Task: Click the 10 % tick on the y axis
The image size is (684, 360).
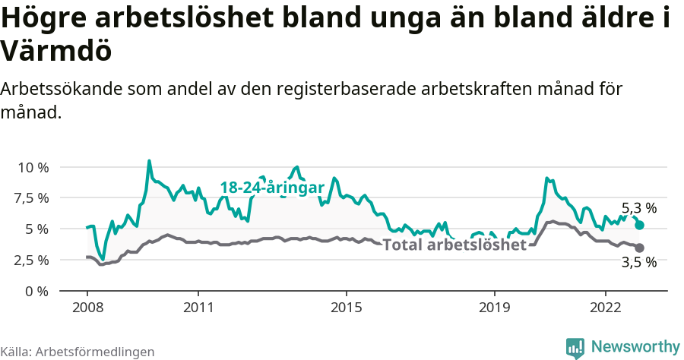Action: coord(31,167)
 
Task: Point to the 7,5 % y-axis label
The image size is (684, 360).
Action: coord(31,198)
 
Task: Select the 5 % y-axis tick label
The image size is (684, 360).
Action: coord(37,229)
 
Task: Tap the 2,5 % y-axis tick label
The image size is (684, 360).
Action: coord(31,261)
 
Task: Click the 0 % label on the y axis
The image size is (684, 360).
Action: coord(37,292)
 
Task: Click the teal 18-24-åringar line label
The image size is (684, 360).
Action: coord(272,188)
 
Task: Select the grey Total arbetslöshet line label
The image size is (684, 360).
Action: coord(454,245)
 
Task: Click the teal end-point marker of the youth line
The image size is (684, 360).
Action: coord(640,225)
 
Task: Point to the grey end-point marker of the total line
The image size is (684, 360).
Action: coord(640,248)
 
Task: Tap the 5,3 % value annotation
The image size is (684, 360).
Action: coord(639,208)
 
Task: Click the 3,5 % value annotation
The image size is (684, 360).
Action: coord(639,264)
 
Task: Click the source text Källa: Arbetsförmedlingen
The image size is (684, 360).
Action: coord(78,352)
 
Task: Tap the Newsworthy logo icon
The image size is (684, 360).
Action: coord(575,347)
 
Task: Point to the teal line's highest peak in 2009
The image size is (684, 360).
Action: coord(149,161)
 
